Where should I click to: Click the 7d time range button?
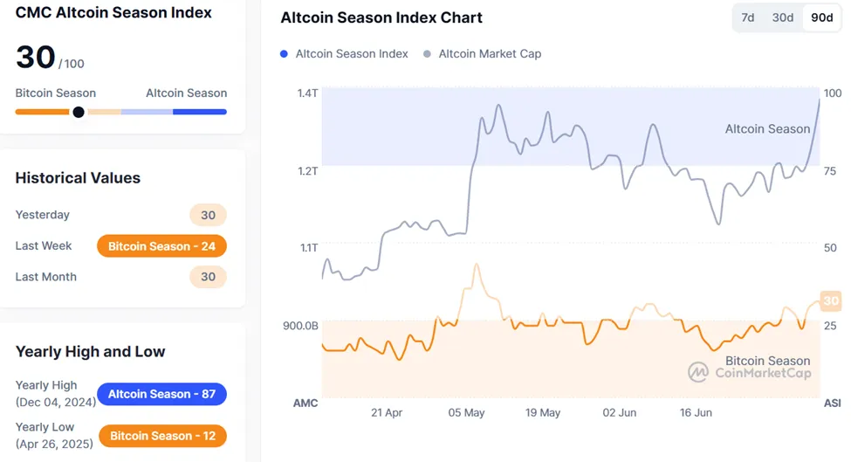tap(748, 17)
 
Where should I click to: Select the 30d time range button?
tap(783, 17)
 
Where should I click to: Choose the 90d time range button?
tap(821, 17)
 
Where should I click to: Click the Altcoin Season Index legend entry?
tap(344, 54)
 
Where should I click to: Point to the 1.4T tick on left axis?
tap(306, 93)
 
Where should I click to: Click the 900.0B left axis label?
tap(300, 326)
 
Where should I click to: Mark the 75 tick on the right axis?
tap(831, 171)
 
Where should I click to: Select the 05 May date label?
tap(466, 412)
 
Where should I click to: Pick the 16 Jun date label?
tap(697, 412)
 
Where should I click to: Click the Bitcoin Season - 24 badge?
tap(161, 246)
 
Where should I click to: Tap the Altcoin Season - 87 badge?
tap(161, 394)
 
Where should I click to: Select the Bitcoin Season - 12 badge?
tap(162, 436)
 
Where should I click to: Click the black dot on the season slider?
tap(79, 112)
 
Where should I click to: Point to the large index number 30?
tap(36, 58)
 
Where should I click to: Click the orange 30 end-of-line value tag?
tap(831, 301)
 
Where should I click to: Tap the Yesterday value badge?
tap(208, 215)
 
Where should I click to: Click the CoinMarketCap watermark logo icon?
tap(698, 373)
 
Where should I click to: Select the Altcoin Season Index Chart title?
tap(381, 17)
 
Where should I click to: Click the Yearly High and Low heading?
tap(90, 352)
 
